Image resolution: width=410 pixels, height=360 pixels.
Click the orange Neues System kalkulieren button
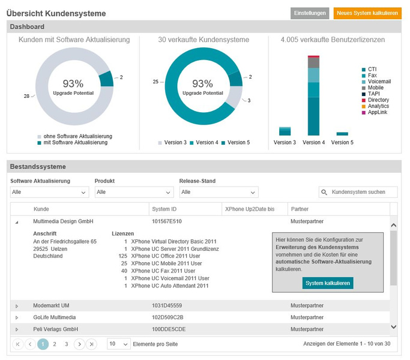[367, 13]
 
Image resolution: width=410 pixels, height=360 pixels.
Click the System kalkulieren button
[328, 283]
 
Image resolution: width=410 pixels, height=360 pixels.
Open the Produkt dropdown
[134, 192]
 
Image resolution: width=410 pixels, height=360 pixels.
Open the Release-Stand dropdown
[219, 192]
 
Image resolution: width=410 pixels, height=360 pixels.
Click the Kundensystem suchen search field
[358, 192]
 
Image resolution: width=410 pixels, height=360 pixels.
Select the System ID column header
[164, 209]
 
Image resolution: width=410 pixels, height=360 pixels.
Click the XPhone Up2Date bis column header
[250, 209]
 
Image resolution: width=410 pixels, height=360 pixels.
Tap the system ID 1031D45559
[167, 305]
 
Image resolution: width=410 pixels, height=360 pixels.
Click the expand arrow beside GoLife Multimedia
[17, 317]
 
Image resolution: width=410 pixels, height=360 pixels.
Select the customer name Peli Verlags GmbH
[55, 329]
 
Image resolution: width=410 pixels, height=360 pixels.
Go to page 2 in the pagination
[55, 344]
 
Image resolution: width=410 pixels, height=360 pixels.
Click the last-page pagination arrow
[91, 344]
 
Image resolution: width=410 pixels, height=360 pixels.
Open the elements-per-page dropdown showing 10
[118, 344]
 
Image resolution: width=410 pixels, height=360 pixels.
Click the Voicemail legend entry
[376, 82]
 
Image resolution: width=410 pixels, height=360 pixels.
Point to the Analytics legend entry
[375, 106]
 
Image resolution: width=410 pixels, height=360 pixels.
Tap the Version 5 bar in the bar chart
[342, 134]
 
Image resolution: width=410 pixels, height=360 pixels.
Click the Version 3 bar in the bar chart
[285, 131]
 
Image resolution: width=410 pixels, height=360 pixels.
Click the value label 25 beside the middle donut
[155, 82]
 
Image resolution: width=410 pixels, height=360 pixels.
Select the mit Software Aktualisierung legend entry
[73, 142]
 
